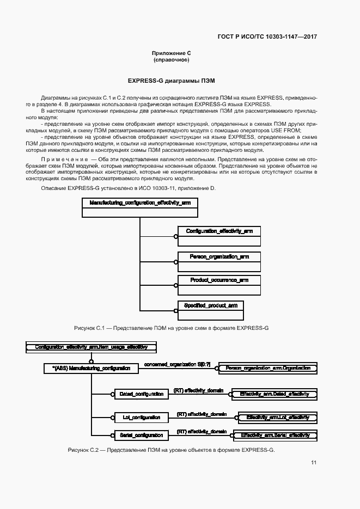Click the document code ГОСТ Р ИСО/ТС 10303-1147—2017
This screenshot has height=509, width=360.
click(x=267, y=36)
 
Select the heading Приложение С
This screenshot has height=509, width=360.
click(x=172, y=53)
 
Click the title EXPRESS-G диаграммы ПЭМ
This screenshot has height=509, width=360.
click(x=171, y=80)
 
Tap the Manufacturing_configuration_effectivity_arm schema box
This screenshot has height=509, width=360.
click(x=139, y=207)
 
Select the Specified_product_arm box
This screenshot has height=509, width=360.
click(x=211, y=310)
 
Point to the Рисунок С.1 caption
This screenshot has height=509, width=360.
click(x=171, y=329)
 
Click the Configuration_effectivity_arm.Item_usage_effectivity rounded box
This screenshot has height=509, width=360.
click(x=91, y=346)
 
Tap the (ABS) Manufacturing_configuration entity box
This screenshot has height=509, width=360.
click(x=91, y=369)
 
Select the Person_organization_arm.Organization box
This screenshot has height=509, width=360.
click(x=267, y=369)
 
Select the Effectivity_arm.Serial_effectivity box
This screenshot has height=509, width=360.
click(x=275, y=435)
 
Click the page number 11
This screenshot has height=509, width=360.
click(x=314, y=463)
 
